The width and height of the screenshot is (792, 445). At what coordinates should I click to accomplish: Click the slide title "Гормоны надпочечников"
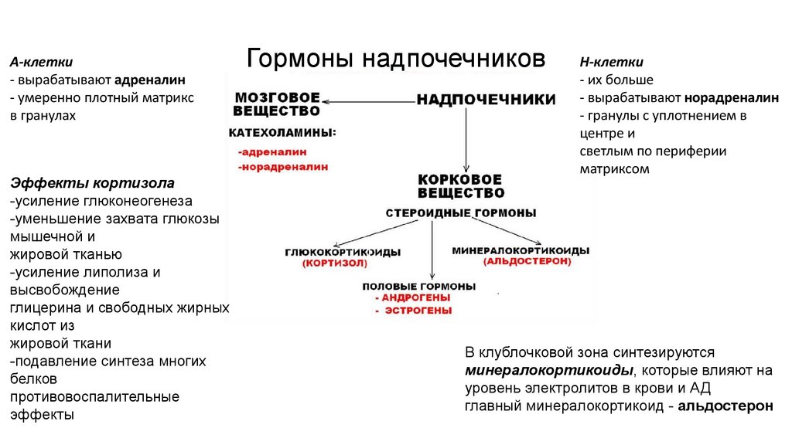pos(395,59)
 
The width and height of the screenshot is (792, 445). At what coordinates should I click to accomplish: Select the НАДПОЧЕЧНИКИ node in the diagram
pos(486,100)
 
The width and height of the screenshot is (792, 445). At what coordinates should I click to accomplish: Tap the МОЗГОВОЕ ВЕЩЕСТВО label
pos(278,105)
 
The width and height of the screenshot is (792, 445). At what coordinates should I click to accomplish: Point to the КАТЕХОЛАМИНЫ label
pos(282,134)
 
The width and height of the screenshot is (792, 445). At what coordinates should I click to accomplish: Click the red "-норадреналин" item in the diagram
pos(283,166)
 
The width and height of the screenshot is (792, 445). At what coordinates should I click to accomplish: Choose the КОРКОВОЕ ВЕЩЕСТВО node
pos(461,186)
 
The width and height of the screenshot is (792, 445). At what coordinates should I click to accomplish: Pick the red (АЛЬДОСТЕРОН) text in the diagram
pos(527,262)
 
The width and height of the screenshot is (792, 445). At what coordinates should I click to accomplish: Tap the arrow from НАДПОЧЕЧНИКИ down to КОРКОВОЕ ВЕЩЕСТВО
pos(465,139)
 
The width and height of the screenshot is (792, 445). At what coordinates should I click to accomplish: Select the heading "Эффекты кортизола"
pos(92,183)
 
